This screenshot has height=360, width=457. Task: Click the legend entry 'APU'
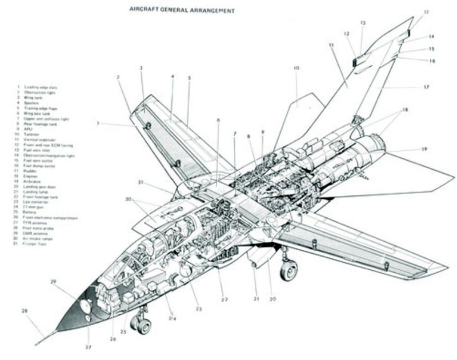pos(27,129)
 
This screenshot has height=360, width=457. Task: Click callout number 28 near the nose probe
pos(25,311)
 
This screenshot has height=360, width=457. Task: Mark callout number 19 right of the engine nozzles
pos(424,150)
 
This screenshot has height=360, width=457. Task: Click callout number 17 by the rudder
pos(426,87)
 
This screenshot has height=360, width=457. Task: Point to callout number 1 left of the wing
pos(98,123)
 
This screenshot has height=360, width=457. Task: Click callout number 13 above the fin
pos(362,23)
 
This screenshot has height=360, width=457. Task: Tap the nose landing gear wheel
pos(142,325)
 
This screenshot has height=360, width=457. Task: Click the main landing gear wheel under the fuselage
pos(288,270)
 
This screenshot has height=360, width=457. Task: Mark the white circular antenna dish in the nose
pos(86,305)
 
